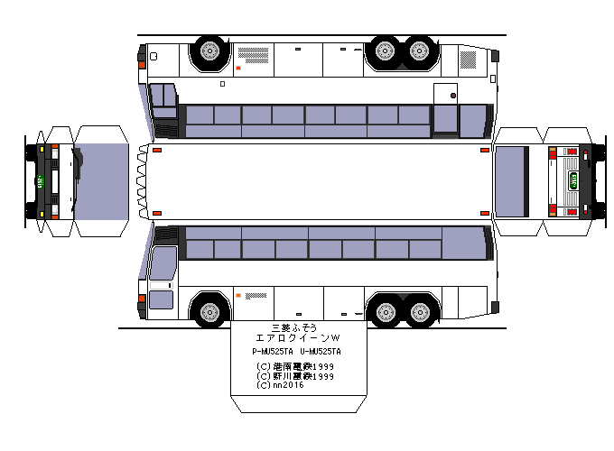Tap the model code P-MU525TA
pos(272,352)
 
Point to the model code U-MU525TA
pos(321,352)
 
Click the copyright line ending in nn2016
pos(281,385)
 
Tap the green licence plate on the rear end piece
pos(572,179)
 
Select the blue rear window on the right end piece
pos(513,181)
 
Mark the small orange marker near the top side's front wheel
pos(238,69)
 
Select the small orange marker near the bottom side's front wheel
pos(238,295)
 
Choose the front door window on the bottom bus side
pos(163,263)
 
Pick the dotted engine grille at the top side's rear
pos(468,60)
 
